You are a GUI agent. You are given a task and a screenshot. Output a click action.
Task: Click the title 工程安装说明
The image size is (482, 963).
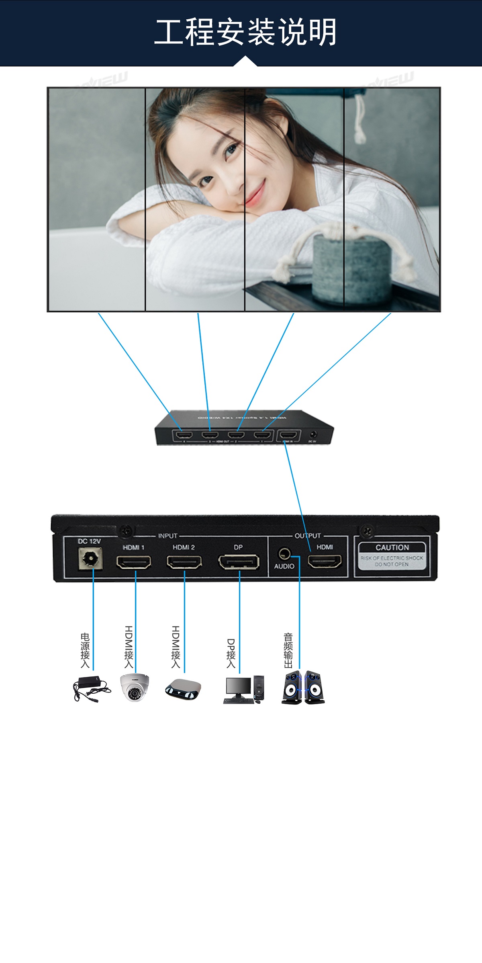(245, 32)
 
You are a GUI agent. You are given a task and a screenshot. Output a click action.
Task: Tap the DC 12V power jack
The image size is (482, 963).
(90, 559)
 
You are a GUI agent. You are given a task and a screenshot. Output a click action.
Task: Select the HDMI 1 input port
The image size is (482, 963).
(134, 561)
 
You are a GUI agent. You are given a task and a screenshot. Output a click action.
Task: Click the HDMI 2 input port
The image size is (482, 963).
(184, 561)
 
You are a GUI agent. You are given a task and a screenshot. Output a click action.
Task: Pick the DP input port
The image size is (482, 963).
(239, 561)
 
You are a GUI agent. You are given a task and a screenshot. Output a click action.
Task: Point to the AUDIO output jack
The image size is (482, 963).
(284, 554)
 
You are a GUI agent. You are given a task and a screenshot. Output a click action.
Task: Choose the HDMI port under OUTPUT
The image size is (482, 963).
(325, 561)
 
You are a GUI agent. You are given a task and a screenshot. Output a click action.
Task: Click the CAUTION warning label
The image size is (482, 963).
(392, 555)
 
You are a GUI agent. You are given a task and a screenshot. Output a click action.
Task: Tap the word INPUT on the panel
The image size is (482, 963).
(167, 536)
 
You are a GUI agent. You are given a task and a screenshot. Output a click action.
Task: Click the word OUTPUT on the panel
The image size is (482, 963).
(308, 536)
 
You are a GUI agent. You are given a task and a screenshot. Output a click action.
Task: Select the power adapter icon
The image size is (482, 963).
(91, 689)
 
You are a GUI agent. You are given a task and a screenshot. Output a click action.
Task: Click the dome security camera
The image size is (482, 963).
(135, 688)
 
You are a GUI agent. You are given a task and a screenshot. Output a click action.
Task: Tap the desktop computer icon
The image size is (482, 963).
(243, 690)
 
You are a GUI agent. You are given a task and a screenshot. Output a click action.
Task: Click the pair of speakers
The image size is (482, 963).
(303, 687)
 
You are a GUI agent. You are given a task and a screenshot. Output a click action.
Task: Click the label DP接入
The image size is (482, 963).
(231, 654)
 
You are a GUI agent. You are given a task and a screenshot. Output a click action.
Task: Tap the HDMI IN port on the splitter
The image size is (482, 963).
(288, 435)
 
